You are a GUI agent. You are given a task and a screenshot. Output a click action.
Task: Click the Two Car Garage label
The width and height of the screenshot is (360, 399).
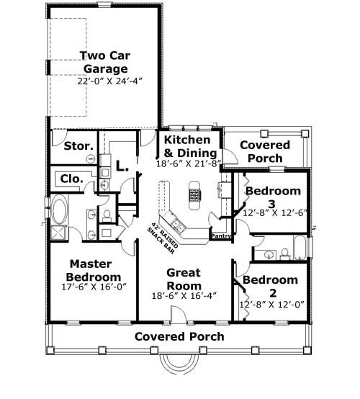click(x=104, y=63)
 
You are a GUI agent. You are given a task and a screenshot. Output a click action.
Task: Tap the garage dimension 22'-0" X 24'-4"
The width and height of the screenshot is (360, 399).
click(x=106, y=82)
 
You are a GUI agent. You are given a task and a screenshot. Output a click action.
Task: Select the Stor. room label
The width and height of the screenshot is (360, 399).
click(x=78, y=146)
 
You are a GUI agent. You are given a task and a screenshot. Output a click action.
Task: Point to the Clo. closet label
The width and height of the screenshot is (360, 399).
click(x=71, y=179)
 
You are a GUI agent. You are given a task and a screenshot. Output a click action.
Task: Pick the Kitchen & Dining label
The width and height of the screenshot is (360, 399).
click(x=186, y=146)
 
